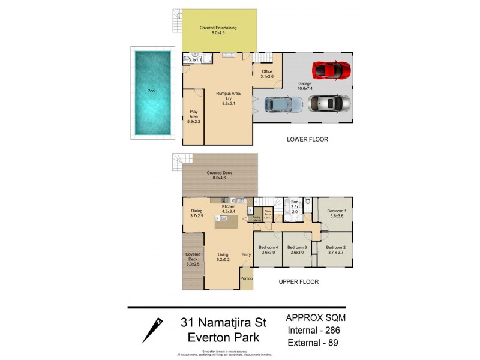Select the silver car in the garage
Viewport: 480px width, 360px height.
[329, 103]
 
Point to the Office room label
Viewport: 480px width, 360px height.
[266, 74]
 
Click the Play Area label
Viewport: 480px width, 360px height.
[193, 116]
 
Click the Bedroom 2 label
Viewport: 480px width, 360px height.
[335, 250]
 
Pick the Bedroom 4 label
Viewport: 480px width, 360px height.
[268, 250]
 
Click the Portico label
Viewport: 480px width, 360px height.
[245, 278]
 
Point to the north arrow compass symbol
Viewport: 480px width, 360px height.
[153, 329]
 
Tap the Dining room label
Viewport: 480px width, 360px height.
[197, 214]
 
